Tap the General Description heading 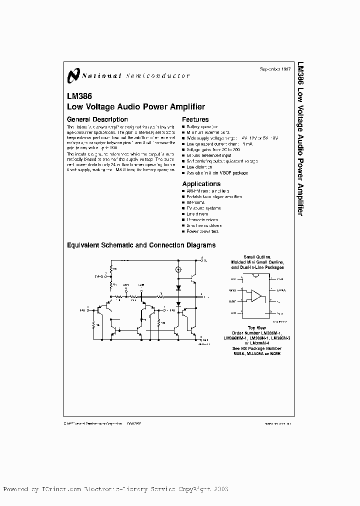(x=97, y=119)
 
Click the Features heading (x=195, y=119)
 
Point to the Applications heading (x=201, y=184)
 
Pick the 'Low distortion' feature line (x=200, y=167)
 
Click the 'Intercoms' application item (x=195, y=202)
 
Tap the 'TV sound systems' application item (x=203, y=208)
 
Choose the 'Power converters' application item (x=202, y=231)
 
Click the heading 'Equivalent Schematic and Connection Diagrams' (x=141, y=245)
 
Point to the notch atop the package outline (x=256, y=275)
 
